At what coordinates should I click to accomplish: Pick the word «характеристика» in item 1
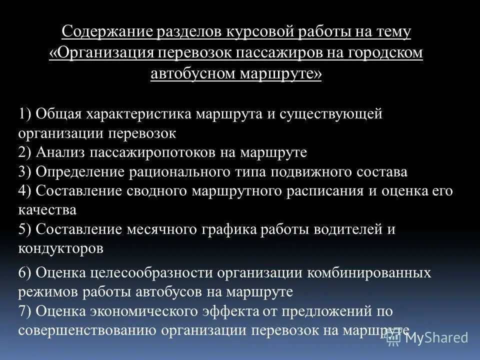(x=140, y=114)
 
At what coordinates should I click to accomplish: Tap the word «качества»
(x=47, y=210)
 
